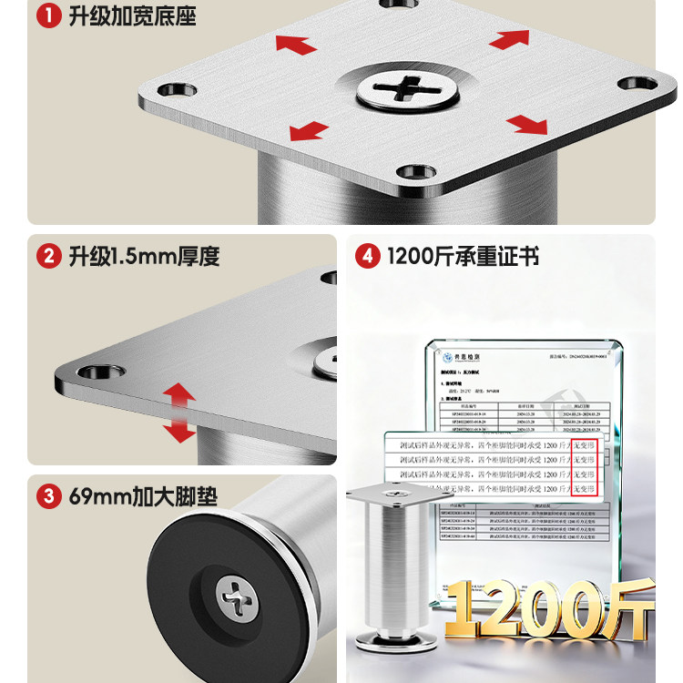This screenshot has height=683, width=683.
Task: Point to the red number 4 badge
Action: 367,256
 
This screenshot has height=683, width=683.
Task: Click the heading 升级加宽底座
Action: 132,16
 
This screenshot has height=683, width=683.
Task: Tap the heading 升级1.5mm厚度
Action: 144,256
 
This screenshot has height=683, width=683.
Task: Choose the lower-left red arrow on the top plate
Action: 310,131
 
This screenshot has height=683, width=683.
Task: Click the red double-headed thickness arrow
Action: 180,412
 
